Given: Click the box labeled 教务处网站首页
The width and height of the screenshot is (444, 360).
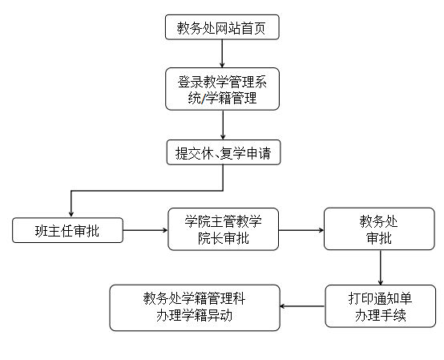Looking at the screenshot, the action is point(222,27).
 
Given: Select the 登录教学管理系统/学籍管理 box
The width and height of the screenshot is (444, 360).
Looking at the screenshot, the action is point(223,89).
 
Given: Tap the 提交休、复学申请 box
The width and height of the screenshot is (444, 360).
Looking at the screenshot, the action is point(224,152).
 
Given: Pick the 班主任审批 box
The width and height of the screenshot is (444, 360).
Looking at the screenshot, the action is point(67,230).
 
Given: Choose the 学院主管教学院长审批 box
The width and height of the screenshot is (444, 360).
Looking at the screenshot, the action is point(224,229).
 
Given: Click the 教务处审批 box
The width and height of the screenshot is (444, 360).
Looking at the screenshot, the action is point(379,229).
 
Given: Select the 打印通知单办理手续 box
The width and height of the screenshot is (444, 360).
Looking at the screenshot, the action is point(381,306).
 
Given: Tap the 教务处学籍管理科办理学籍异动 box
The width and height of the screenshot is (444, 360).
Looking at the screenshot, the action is point(195,308).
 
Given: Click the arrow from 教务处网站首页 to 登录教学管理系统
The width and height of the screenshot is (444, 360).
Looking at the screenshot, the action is point(222,54).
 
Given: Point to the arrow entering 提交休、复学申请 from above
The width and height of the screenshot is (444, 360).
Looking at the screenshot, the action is point(223,125).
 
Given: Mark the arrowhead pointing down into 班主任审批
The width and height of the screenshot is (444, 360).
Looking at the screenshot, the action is point(71,214).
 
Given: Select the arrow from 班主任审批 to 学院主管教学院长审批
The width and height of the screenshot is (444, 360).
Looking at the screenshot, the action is point(145,230).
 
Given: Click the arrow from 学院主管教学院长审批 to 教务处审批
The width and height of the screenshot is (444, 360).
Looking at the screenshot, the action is point(301,230).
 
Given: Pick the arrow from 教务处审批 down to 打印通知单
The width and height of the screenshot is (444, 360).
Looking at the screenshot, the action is point(381,268).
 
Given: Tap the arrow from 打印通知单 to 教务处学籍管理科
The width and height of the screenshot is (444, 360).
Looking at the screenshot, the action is point(302,306).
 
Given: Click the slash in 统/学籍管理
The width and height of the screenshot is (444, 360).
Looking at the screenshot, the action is point(204,99).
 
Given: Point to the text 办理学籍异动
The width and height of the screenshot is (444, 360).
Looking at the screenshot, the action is point(194,316).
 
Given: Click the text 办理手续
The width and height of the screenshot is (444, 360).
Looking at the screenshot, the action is point(381,315).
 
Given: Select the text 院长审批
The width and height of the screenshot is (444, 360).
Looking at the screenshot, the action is point(224,238).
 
